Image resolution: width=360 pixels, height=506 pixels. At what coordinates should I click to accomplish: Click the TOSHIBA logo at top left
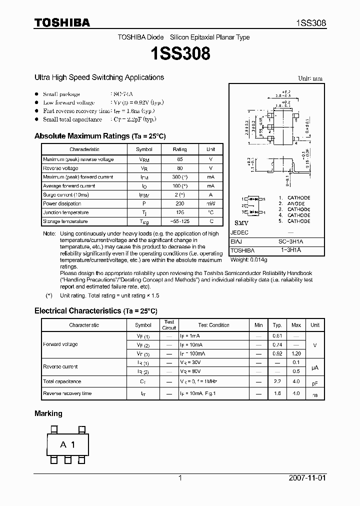point(62,22)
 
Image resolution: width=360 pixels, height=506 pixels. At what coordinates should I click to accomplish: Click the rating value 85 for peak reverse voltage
point(179,159)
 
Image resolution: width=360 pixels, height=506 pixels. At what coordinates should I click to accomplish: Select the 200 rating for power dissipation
point(179,204)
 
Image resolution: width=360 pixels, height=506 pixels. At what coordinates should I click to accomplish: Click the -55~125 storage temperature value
point(179,221)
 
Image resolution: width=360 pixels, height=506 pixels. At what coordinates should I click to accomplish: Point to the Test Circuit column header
point(169,325)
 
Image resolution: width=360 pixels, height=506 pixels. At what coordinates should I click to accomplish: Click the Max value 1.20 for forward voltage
point(296,353)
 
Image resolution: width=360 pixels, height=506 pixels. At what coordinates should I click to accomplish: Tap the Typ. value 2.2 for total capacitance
point(277,381)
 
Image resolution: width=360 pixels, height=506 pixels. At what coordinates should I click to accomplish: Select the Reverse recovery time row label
point(67,394)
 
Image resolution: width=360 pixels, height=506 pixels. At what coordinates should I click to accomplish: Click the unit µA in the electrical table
point(315,367)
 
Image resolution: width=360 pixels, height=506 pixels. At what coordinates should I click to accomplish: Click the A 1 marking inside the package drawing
point(67,444)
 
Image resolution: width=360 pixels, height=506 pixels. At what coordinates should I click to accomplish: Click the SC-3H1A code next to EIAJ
point(290,241)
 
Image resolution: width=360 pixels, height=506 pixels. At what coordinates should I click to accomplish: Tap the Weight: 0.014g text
point(248,260)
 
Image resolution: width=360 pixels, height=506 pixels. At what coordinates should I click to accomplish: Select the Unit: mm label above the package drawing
point(310,79)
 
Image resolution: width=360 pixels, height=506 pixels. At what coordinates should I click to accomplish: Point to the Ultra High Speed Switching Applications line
point(99,77)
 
